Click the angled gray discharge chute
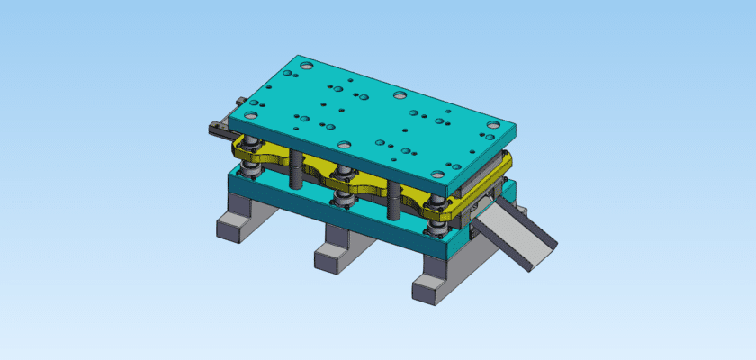pos(517,236)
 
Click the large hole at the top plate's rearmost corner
pos(307,66)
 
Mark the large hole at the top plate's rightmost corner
pos(492,126)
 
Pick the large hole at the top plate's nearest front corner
pos(438,175)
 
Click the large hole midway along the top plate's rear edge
pos(400,94)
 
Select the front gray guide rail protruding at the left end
pos(218,130)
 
